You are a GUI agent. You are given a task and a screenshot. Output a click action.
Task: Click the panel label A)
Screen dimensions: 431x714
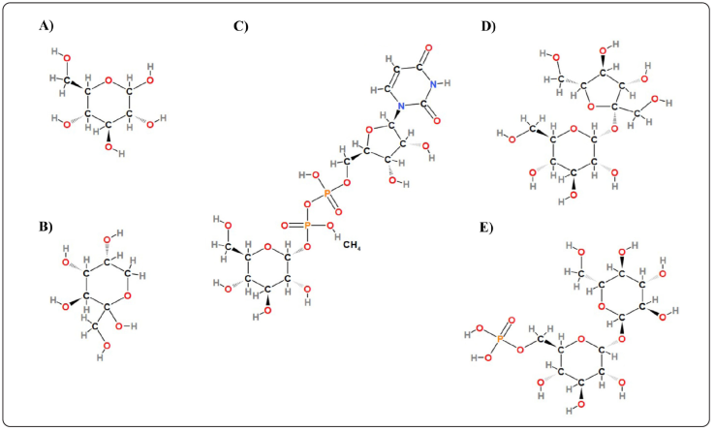(47, 27)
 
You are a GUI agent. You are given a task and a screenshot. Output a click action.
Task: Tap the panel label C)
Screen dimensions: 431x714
(241, 27)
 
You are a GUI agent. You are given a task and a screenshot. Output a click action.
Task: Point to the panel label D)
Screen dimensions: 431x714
(490, 27)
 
